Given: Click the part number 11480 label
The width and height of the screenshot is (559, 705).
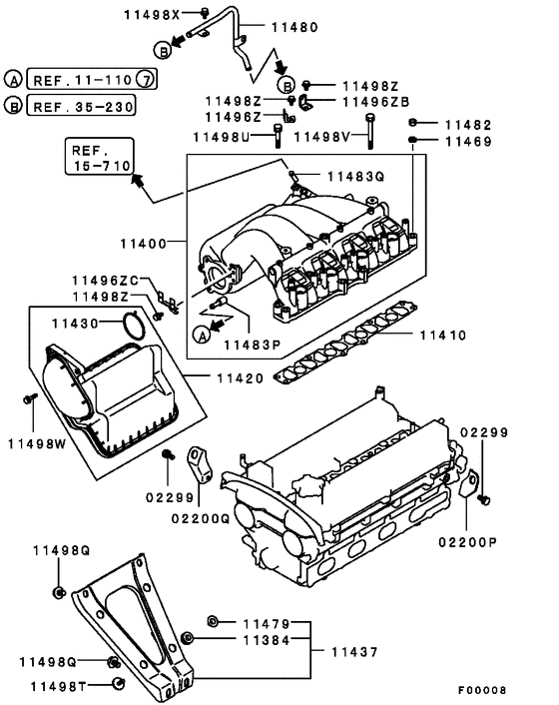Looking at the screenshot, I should click(x=266, y=28).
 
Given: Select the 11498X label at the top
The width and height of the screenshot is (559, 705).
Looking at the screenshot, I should click(x=152, y=14).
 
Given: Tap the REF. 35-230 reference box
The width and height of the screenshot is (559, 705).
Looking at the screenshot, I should click(x=81, y=105).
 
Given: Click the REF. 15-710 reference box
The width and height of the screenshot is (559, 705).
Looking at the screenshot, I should click(x=96, y=158).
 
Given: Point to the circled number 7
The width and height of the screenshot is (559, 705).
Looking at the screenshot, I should click(x=145, y=79).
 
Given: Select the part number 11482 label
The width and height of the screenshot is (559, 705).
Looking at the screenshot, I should click(x=468, y=125).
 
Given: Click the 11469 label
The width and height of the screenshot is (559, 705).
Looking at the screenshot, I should click(x=468, y=143).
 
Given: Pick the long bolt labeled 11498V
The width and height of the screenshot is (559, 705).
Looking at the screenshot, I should click(x=370, y=131).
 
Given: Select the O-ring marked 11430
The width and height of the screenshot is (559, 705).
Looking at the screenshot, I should click(x=131, y=326).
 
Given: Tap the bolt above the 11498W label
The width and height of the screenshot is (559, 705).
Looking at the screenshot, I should click(x=30, y=401).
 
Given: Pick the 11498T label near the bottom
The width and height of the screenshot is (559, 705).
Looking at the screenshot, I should click(x=61, y=685).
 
